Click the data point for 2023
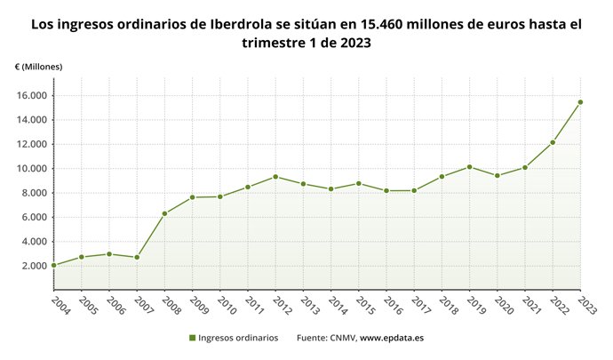click(580, 102)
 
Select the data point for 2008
click(164, 213)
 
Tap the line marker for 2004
click(53, 265)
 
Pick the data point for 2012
click(275, 176)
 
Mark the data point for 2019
click(469, 167)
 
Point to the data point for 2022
click(553, 142)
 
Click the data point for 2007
click(137, 257)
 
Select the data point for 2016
click(386, 190)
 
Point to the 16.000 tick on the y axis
click(31, 96)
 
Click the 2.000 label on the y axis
click(34, 266)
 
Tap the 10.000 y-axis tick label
click(31, 169)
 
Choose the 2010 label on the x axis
click(226, 305)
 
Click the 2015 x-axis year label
click(364, 305)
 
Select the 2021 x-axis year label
click(530, 305)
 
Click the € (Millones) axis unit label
click(38, 67)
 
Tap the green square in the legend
click(192, 338)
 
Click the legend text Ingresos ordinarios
click(238, 338)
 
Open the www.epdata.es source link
click(392, 338)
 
